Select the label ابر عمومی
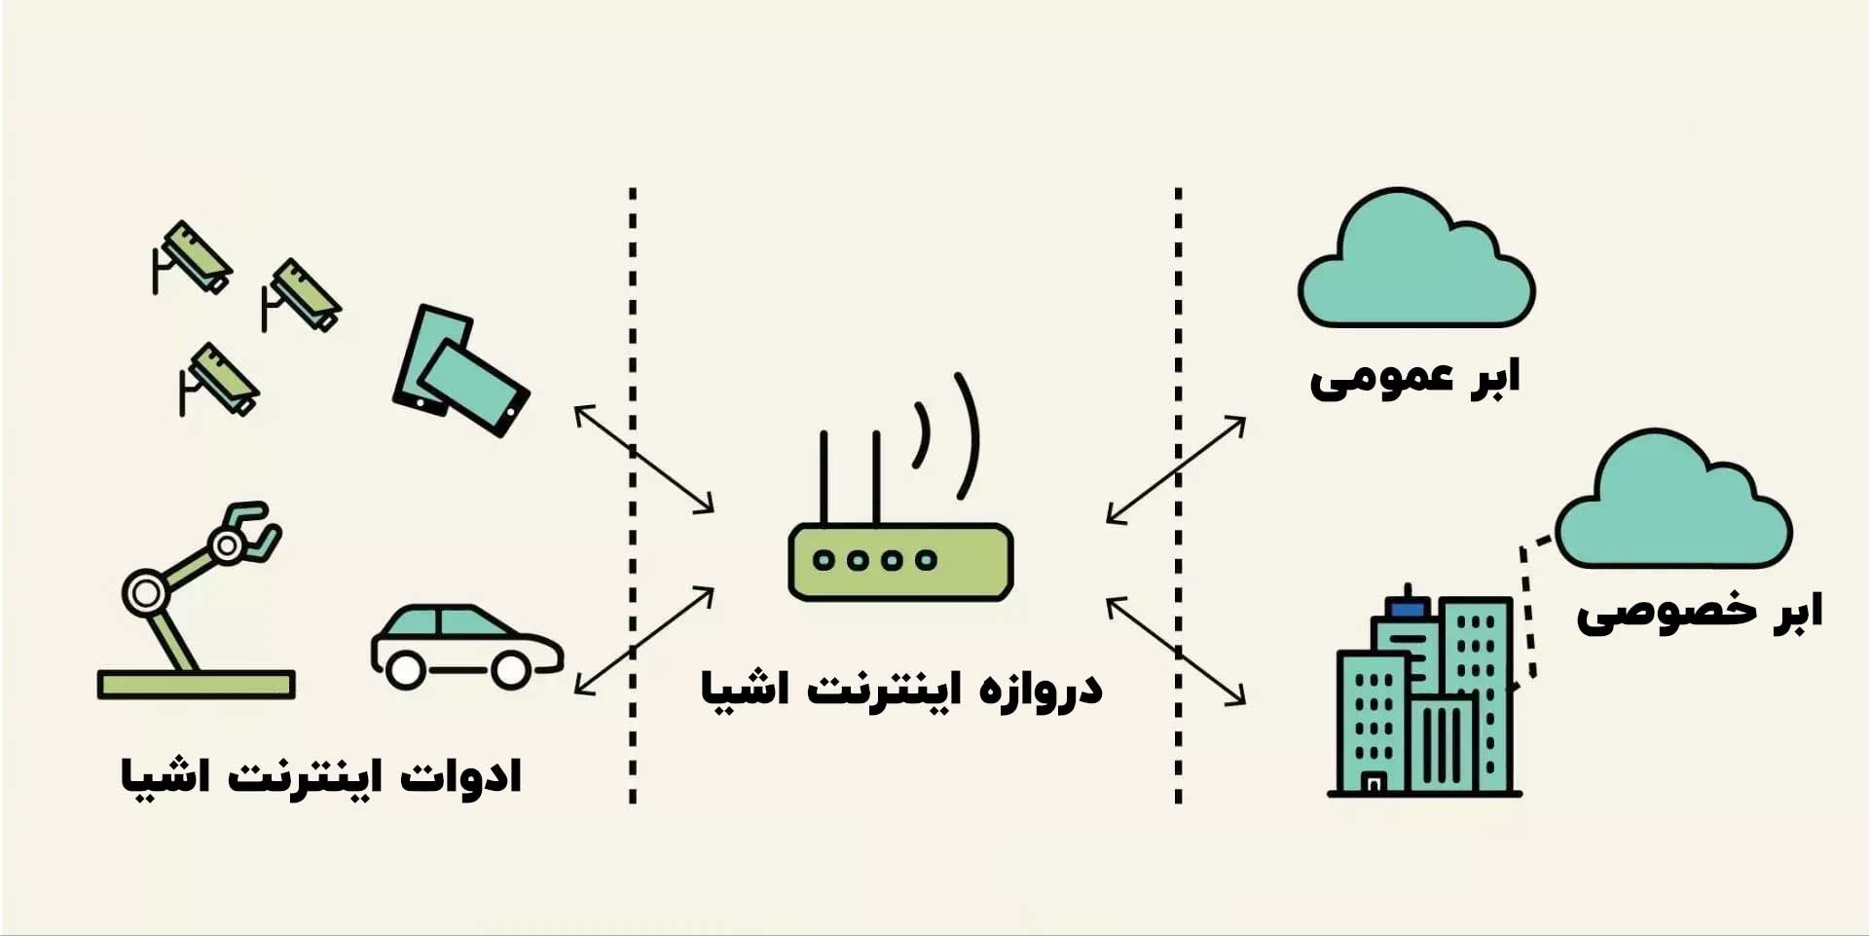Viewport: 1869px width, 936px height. (x=1413, y=379)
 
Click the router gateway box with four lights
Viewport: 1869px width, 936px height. (x=900, y=561)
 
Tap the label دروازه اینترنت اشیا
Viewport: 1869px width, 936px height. (x=901, y=690)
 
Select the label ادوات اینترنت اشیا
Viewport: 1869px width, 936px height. (x=321, y=777)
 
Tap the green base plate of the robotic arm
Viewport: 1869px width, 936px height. (x=196, y=684)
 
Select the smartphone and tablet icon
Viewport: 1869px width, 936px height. (x=459, y=371)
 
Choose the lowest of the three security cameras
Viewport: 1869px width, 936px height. (x=221, y=380)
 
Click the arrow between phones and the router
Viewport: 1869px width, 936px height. (x=643, y=459)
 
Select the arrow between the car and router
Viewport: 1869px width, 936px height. (x=643, y=641)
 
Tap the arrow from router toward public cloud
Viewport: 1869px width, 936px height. (x=1175, y=470)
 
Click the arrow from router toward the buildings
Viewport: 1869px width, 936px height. (x=1175, y=650)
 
